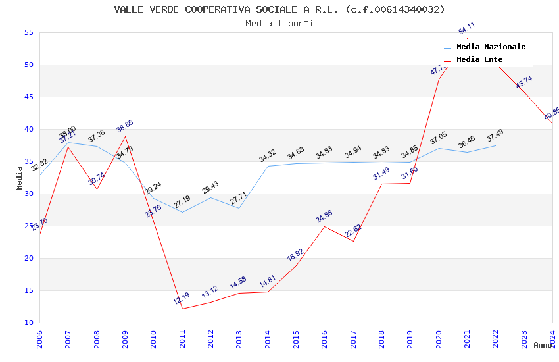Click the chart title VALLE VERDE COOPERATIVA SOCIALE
(279, 9)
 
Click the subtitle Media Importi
(279, 23)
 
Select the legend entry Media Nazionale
(491, 47)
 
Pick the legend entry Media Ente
(479, 59)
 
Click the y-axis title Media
(20, 178)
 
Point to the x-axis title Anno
(543, 345)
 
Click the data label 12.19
(182, 298)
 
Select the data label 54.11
(467, 28)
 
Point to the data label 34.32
(268, 156)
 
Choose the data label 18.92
(295, 255)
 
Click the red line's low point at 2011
(182, 309)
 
